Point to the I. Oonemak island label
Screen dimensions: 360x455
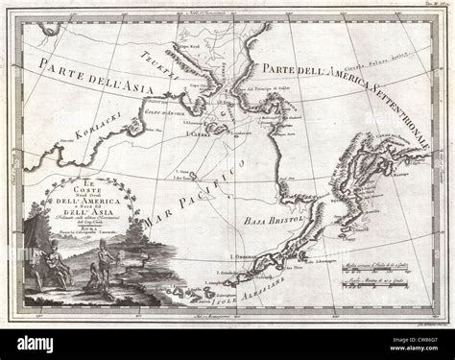point(248,257)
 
